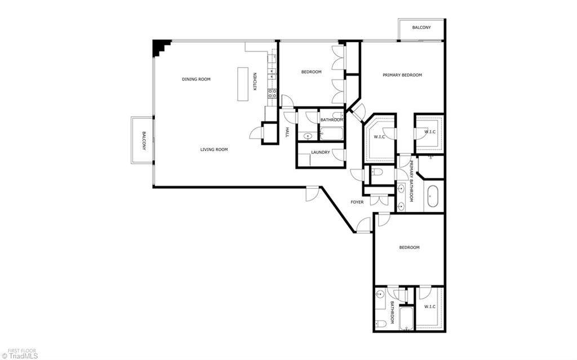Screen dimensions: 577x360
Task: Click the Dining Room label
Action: tap(196, 79)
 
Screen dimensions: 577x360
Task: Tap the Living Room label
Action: tap(214, 149)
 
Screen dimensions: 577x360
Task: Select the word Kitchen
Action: tap(255, 81)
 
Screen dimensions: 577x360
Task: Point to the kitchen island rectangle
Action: tap(243, 84)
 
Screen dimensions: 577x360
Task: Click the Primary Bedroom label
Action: tap(402, 75)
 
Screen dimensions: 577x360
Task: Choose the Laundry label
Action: tap(321, 152)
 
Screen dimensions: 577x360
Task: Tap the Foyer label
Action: tap(357, 202)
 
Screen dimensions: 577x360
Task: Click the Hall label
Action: tap(287, 132)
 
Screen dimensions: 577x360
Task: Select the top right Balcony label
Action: tap(421, 28)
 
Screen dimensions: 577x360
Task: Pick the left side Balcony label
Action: tap(144, 141)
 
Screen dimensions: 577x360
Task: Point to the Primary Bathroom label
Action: tap(411, 181)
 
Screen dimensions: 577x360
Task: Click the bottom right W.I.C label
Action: tap(429, 306)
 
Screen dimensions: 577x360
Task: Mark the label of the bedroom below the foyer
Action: tap(409, 247)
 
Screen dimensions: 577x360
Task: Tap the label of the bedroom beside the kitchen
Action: tap(311, 72)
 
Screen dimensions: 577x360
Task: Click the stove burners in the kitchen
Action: tap(272, 93)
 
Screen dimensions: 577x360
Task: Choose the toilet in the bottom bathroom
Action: tap(381, 324)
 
